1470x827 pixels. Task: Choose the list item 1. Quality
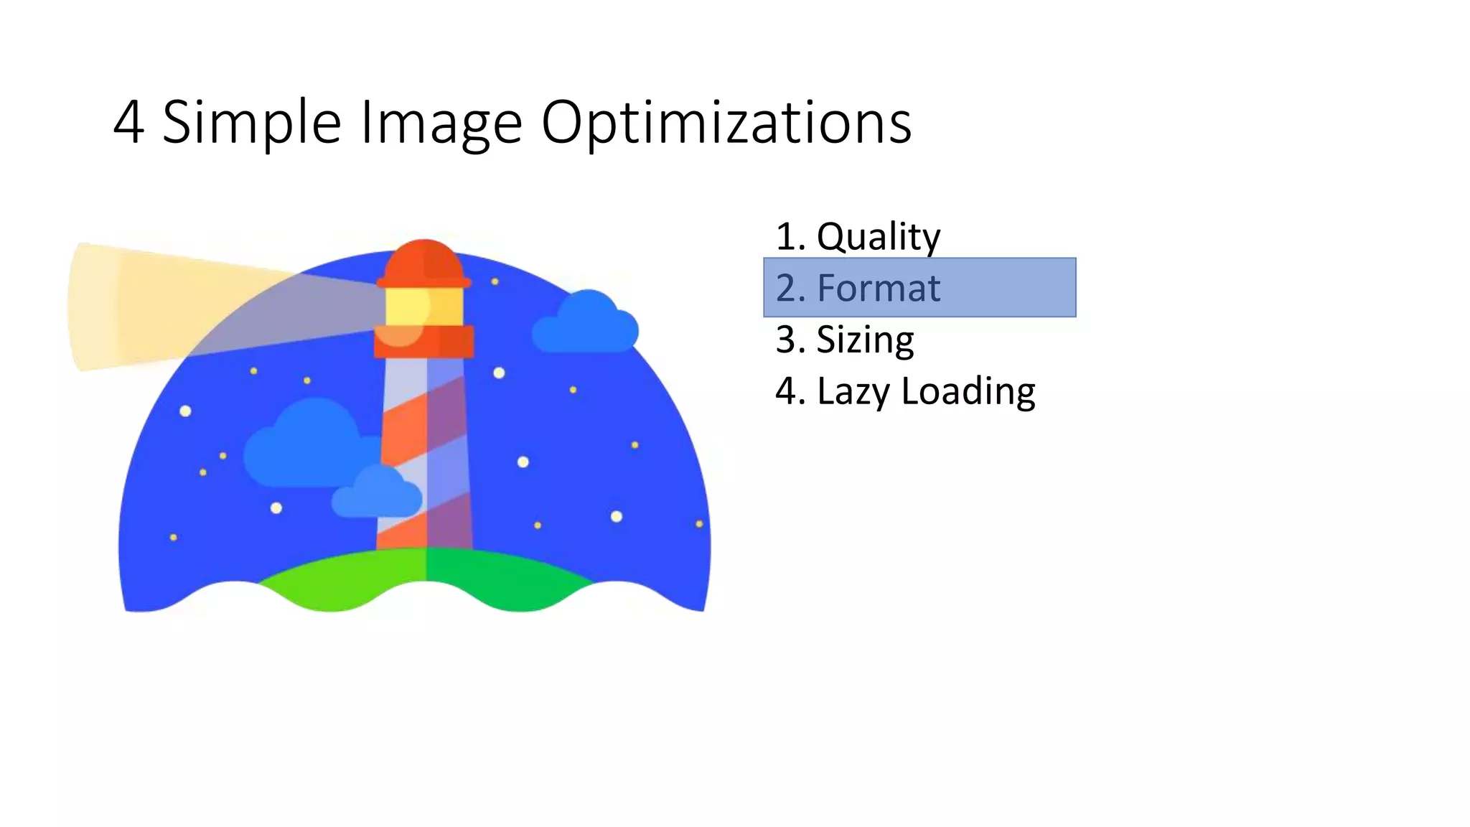pyautogui.click(x=858, y=236)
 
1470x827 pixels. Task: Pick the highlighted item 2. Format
pyautogui.click(x=919, y=288)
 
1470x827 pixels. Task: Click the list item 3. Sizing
pyautogui.click(x=845, y=340)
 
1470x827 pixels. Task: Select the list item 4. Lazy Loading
pyautogui.click(x=905, y=391)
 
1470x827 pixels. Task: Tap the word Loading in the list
pyautogui.click(x=968, y=392)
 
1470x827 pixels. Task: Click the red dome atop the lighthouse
pyautogui.click(x=423, y=262)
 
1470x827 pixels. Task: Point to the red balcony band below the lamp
pyautogui.click(x=423, y=342)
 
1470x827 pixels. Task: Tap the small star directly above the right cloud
pyautogui.click(x=495, y=281)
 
